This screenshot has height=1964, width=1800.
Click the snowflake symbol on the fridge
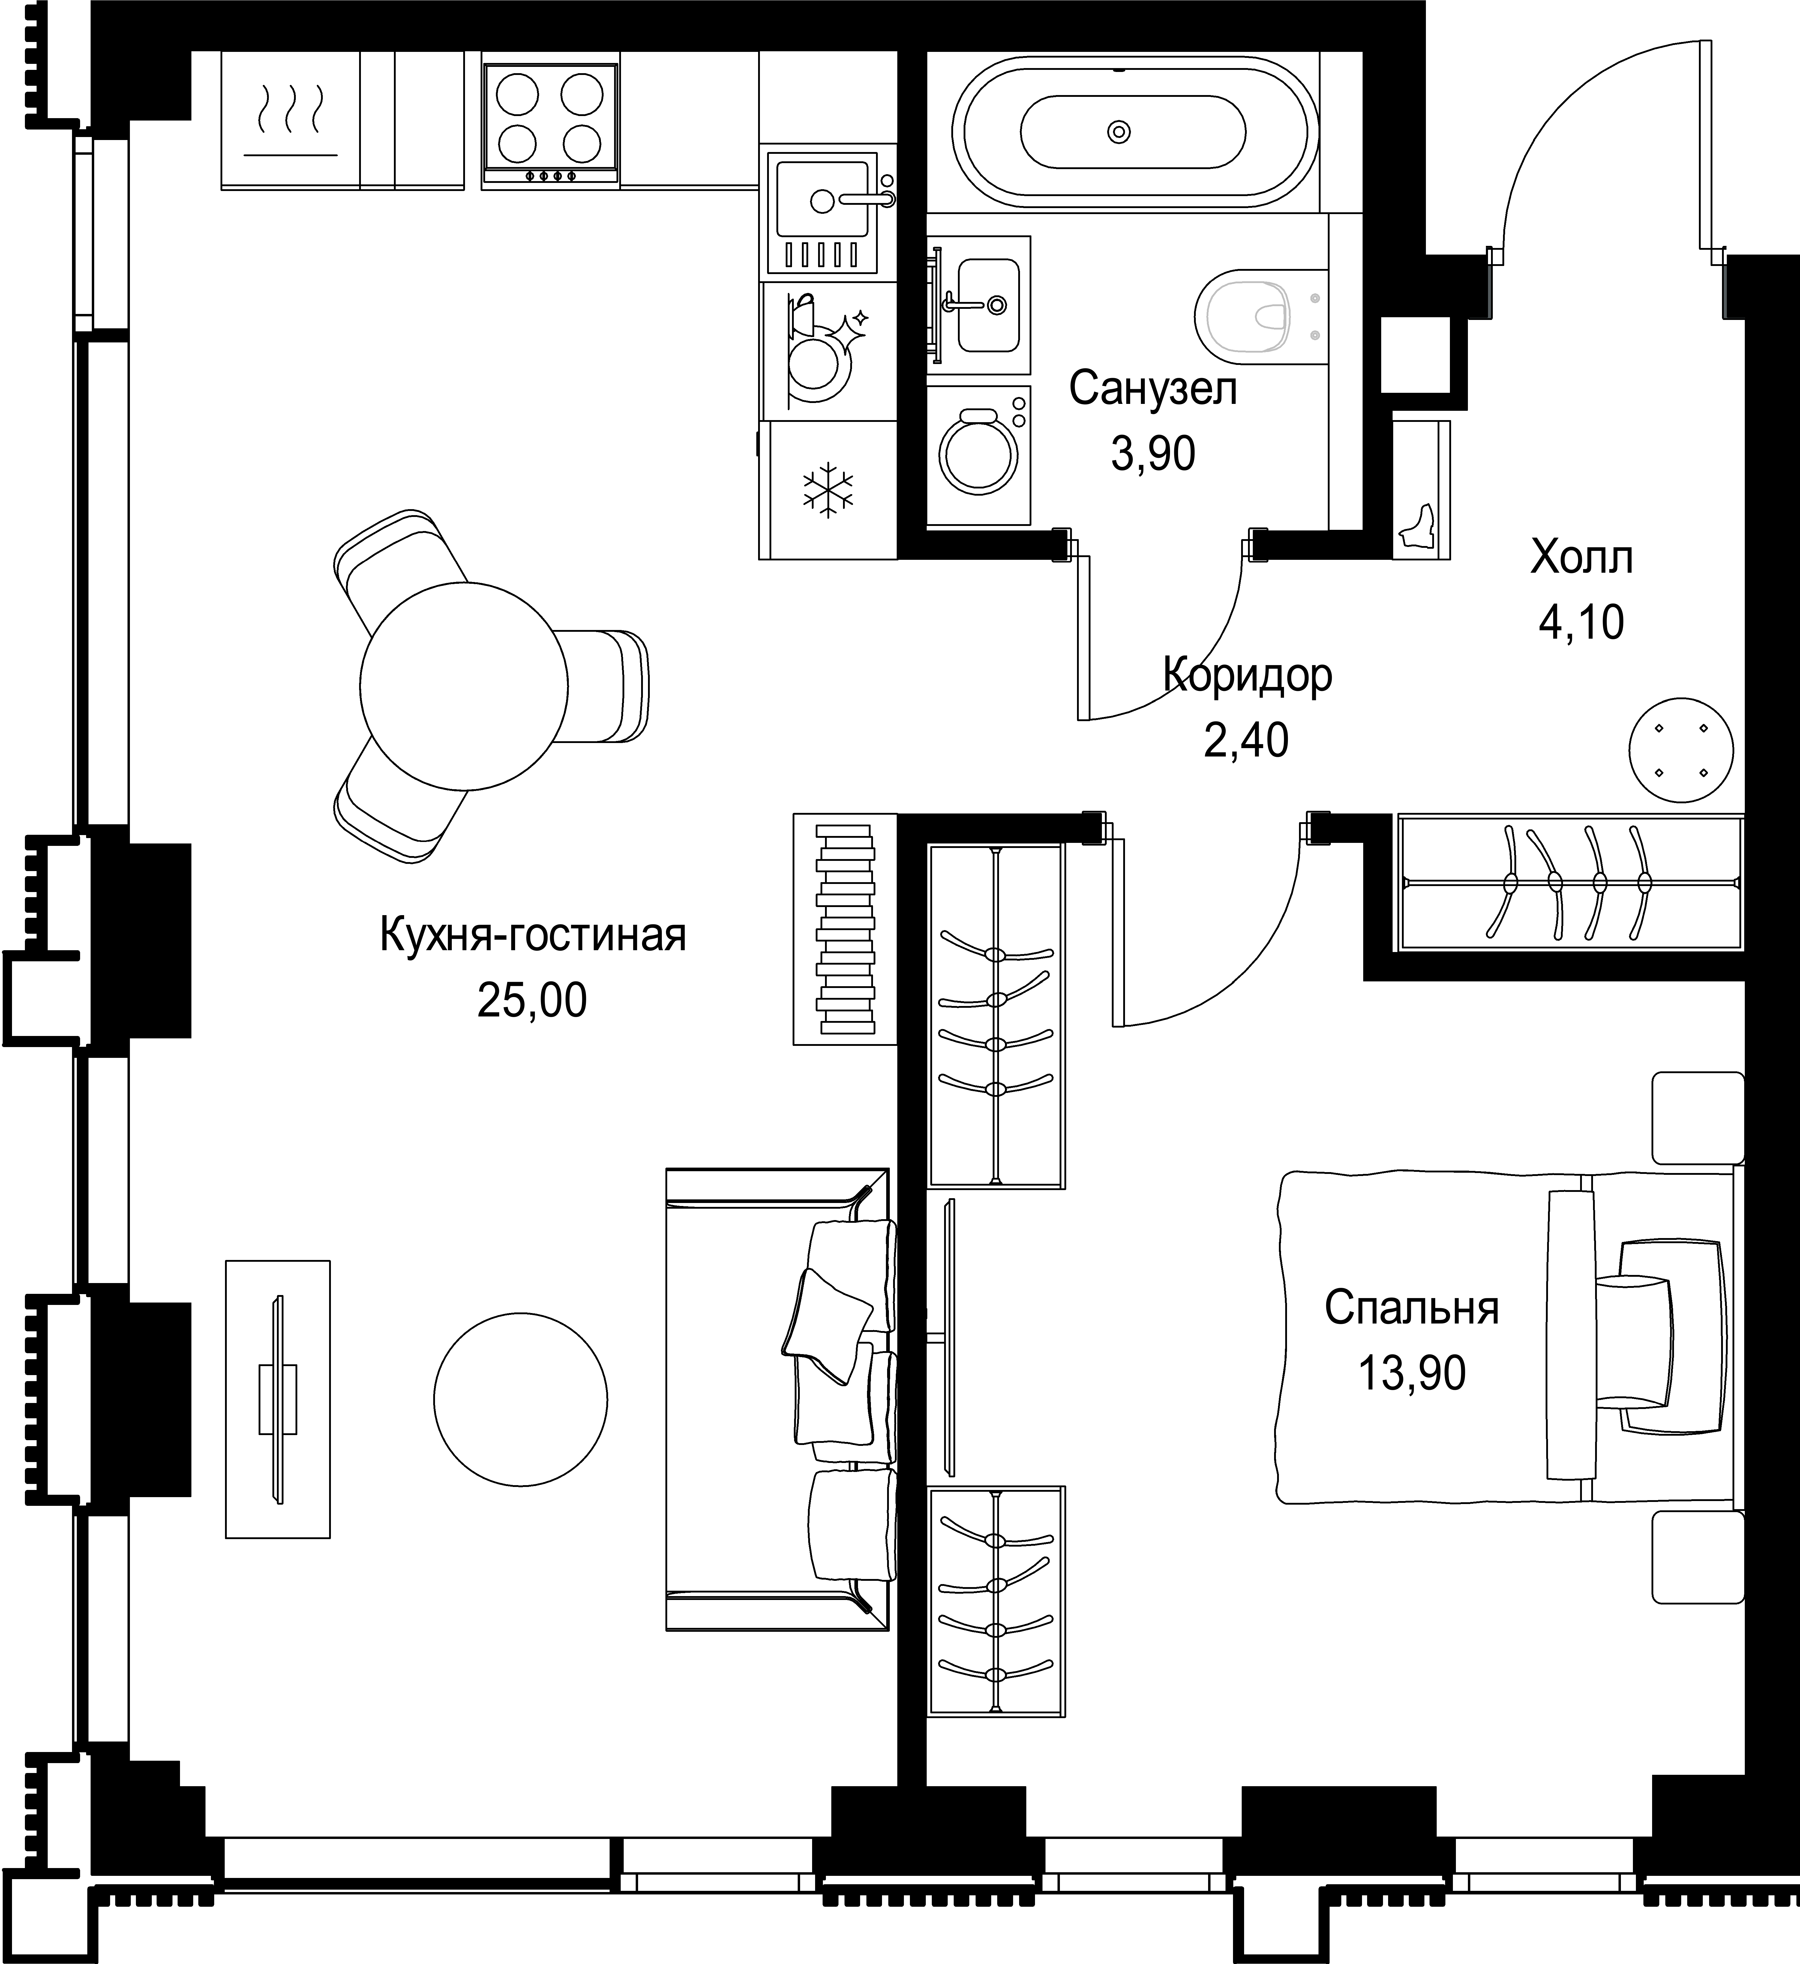click(827, 489)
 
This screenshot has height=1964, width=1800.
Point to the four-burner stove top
click(550, 126)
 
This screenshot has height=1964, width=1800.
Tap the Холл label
click(1582, 558)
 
